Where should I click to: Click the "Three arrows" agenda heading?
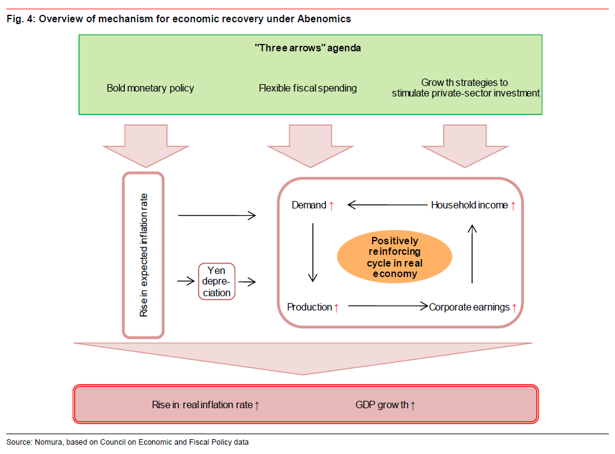point(307,48)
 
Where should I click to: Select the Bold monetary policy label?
point(150,88)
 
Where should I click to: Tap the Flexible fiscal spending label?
point(307,88)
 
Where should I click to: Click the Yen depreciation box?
point(216,281)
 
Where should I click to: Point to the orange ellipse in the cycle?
point(394,257)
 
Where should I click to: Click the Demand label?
point(309,205)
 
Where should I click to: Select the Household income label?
point(469,205)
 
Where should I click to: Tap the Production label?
point(310,307)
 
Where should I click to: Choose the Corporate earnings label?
point(469,307)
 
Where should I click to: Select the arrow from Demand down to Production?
point(313,252)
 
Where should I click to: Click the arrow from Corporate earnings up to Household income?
point(473,254)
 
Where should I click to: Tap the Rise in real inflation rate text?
point(202,405)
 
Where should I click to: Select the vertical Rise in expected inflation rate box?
point(143,255)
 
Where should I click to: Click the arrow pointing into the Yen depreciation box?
point(185,281)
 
